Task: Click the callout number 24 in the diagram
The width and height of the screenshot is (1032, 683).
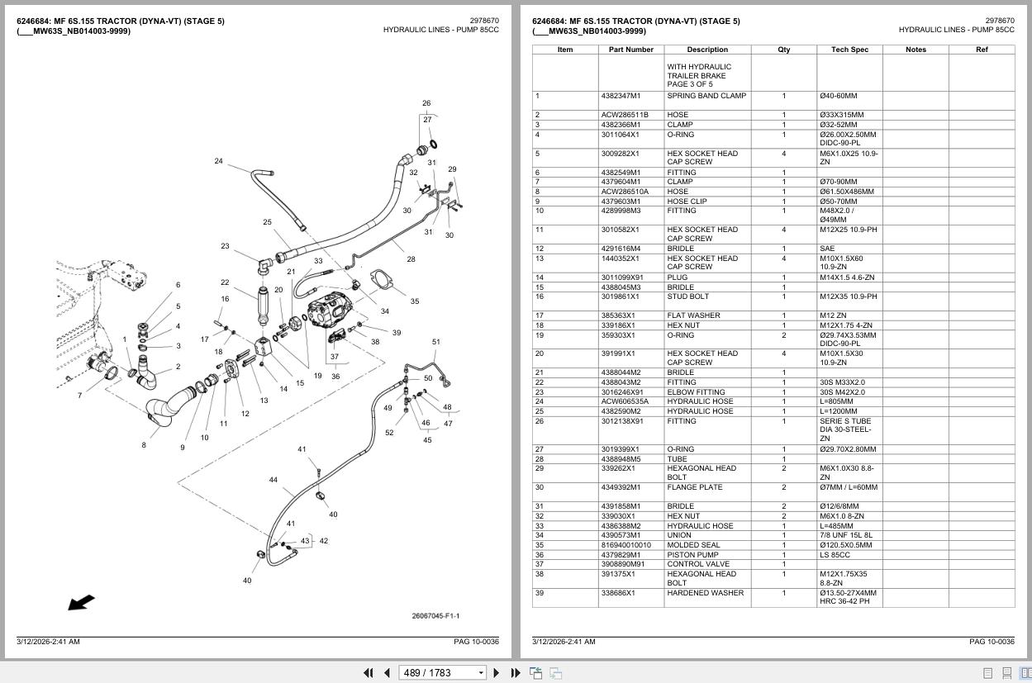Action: (218, 161)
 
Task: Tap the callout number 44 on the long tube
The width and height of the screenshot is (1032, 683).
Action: (273, 480)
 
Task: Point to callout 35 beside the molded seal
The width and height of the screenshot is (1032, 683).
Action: (415, 301)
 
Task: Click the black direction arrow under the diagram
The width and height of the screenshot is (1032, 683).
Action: (81, 602)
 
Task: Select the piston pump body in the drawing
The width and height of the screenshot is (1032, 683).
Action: (329, 311)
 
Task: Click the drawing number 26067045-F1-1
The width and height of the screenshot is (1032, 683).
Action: (435, 616)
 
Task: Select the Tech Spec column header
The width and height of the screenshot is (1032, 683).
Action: (849, 50)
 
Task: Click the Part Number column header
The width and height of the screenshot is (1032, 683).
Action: (630, 50)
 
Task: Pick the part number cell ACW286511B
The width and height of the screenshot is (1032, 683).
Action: (625, 115)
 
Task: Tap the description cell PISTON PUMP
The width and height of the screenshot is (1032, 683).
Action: (692, 554)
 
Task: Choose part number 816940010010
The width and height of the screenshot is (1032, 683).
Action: (625, 545)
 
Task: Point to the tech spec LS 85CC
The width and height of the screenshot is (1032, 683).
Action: (835, 554)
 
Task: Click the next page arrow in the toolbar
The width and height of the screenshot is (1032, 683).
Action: (497, 673)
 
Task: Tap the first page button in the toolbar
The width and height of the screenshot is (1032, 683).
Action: (369, 673)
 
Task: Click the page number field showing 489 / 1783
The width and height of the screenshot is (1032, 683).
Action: (442, 673)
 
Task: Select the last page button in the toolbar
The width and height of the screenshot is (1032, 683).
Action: (516, 673)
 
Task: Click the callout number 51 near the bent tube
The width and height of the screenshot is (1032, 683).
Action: (435, 342)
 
